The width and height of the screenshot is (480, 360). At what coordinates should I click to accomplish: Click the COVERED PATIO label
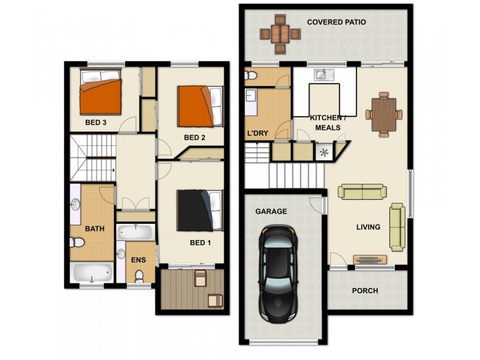click(336, 22)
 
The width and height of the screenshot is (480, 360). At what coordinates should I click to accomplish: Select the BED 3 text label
click(96, 122)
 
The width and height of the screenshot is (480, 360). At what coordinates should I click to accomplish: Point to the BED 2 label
click(195, 137)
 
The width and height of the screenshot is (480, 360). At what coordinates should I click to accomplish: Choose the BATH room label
click(94, 229)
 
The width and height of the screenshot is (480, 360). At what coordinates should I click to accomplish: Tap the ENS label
click(139, 260)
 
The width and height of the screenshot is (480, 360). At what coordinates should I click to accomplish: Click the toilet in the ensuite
click(140, 276)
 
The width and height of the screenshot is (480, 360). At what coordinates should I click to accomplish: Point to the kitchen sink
click(322, 75)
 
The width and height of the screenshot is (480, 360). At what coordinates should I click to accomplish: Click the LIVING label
click(368, 227)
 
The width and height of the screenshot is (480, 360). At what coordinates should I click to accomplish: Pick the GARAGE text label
click(271, 211)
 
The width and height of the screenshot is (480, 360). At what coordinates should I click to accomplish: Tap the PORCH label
click(365, 291)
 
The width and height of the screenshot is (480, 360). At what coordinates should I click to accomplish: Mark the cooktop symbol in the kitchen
click(325, 152)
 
